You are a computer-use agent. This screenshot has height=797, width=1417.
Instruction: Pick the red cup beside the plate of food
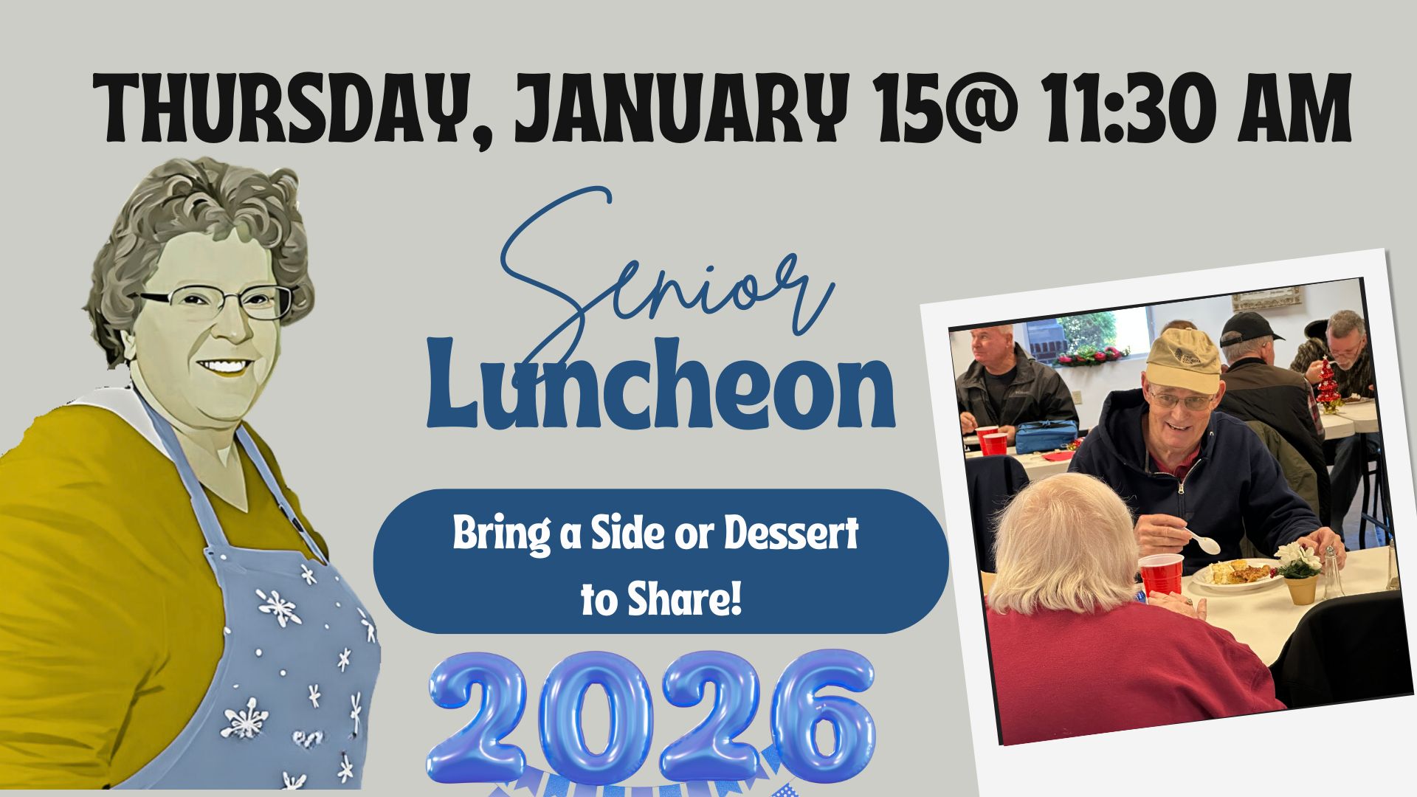tap(1161, 575)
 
